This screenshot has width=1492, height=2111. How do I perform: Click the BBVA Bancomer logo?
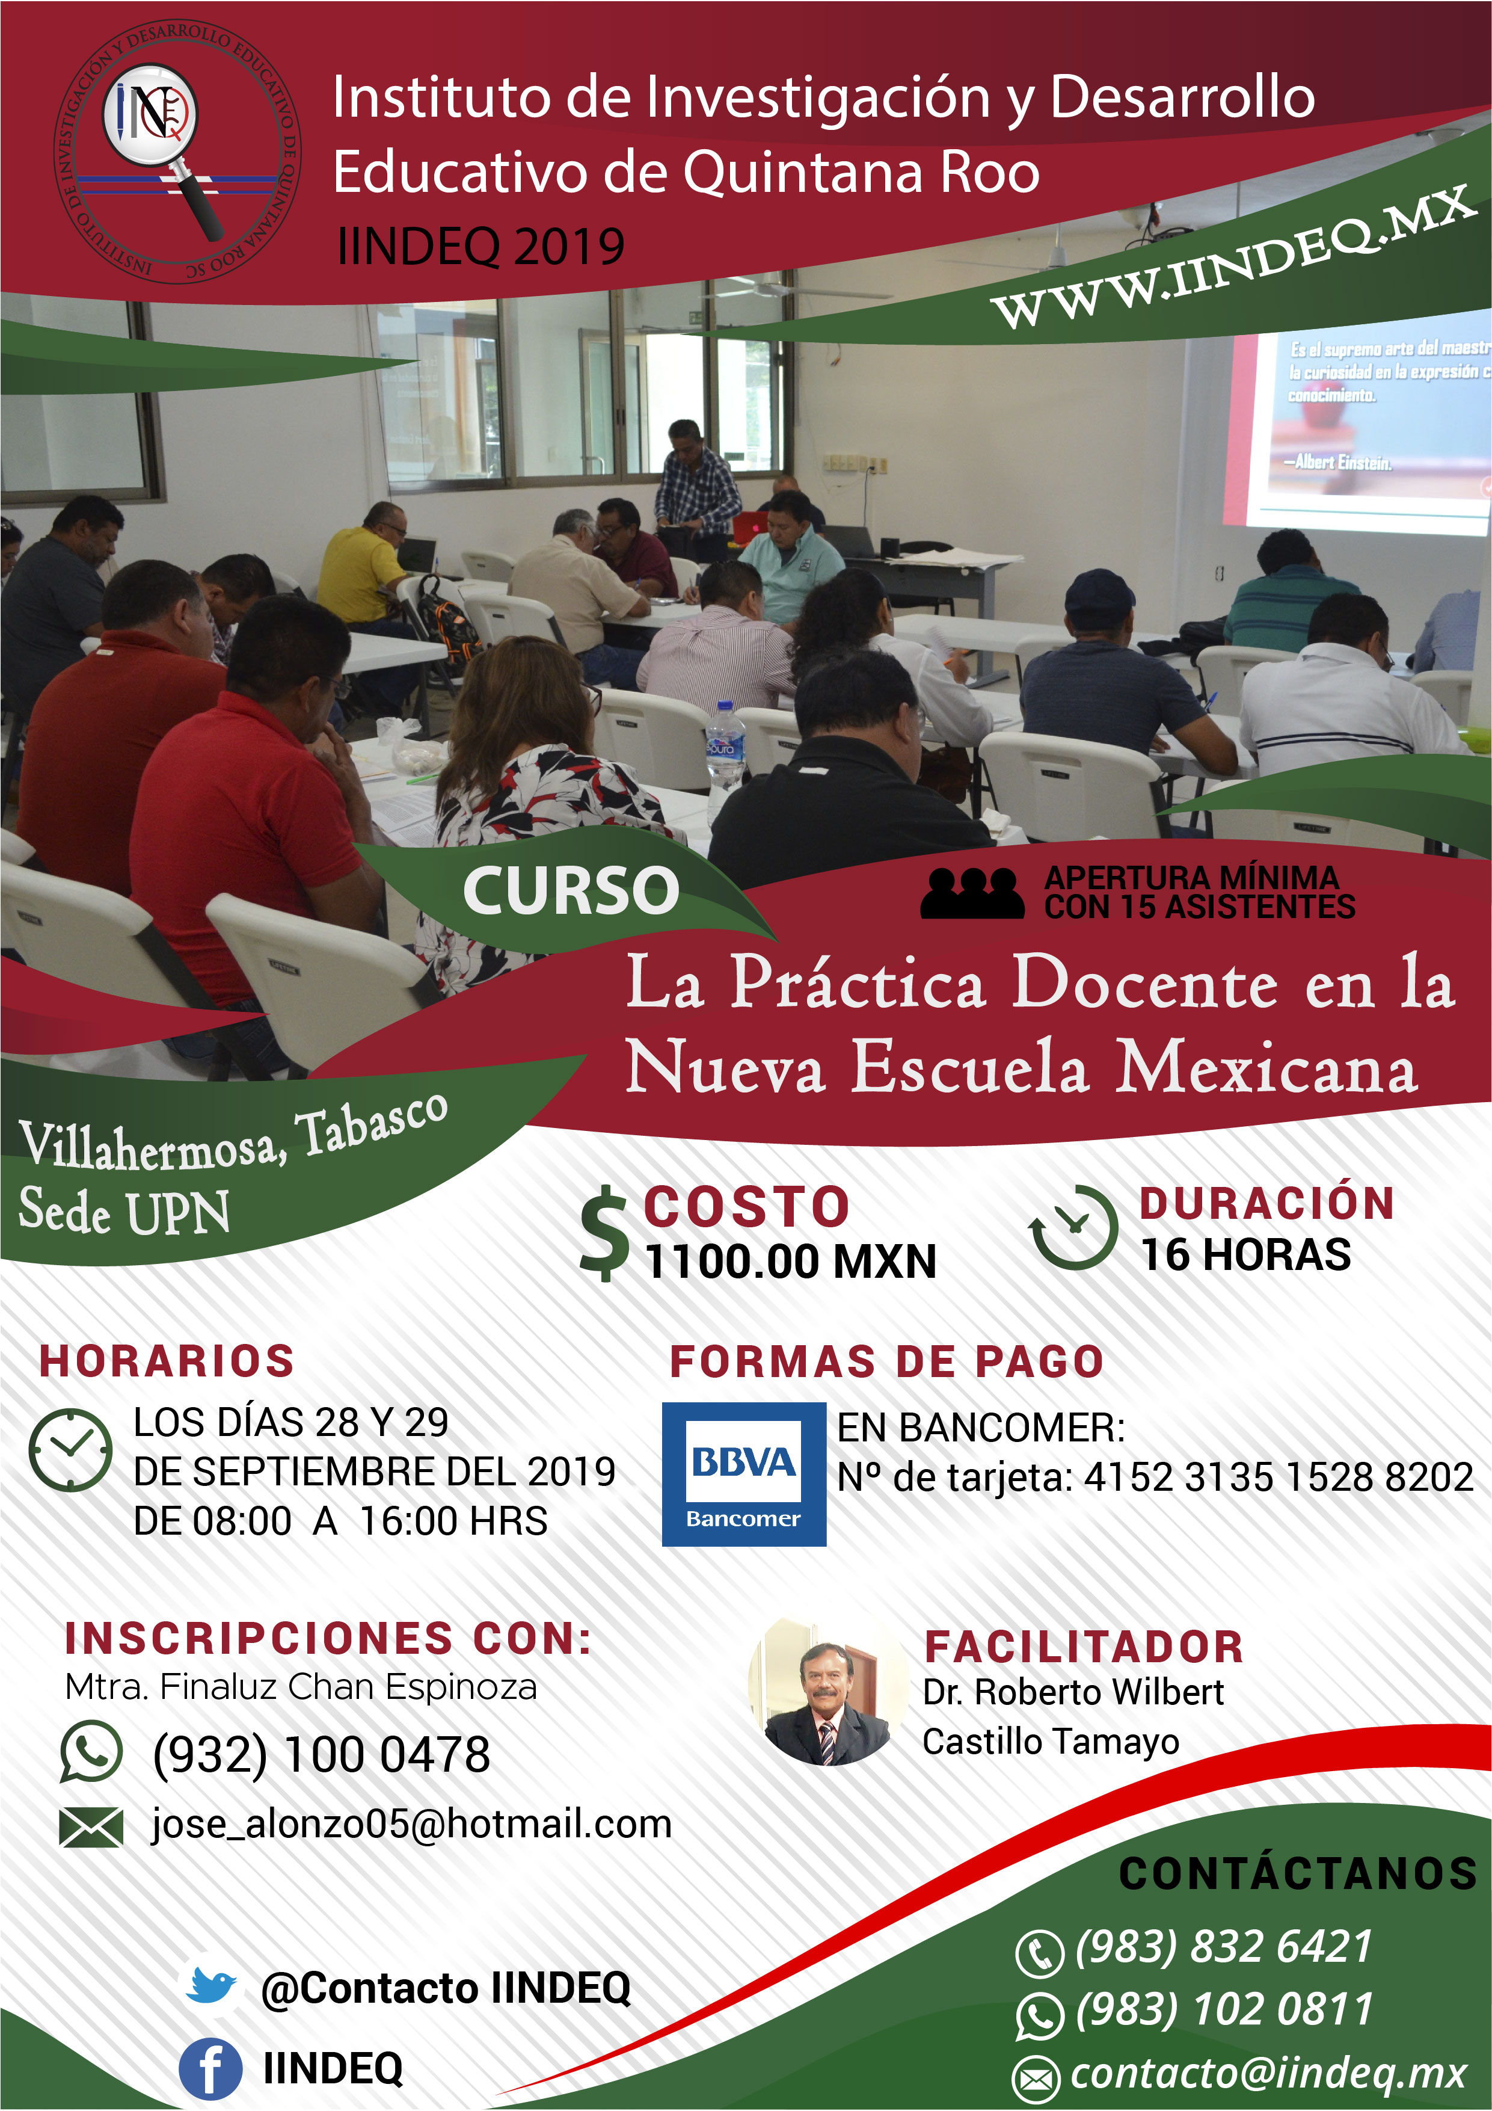coord(744,1474)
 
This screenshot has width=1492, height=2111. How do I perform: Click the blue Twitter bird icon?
coord(210,1986)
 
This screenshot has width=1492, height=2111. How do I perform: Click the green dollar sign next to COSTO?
coord(604,1233)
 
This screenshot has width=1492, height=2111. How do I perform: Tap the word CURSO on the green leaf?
coord(571,891)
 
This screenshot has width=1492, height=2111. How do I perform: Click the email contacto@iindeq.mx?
coord(1269,2073)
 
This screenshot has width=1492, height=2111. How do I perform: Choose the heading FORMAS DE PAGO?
coord(886,1361)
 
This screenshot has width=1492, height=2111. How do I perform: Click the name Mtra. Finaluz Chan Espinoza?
coord(301,1687)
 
